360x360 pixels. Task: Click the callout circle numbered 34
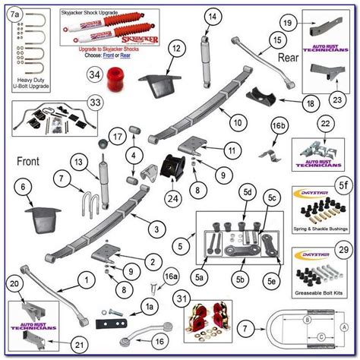(93, 74)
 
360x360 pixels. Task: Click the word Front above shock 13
(30, 161)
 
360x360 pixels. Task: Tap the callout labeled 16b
(279, 124)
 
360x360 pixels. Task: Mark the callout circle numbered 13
(78, 161)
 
